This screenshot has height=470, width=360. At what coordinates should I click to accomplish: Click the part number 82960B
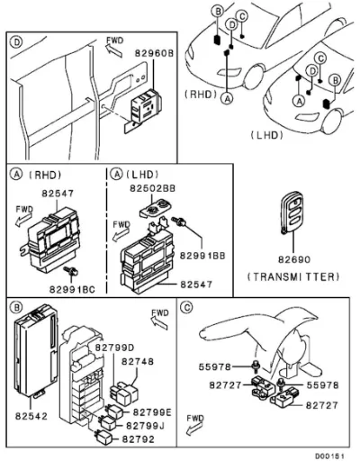154,53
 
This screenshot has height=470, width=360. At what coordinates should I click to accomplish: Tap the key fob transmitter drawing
292,212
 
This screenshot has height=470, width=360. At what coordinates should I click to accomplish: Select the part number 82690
294,259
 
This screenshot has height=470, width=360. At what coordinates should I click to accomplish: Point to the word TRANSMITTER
293,276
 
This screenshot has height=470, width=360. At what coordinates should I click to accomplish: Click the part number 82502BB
152,188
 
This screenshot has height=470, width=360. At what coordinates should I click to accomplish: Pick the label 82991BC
72,289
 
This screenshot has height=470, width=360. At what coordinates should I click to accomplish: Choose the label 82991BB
202,256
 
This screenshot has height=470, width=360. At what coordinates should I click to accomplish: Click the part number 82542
31,416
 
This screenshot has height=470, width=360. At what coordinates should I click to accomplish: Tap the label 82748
138,362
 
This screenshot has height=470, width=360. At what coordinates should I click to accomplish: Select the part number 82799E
152,412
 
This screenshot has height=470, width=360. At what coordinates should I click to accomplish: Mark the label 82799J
145,426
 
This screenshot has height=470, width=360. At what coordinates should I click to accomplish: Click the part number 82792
139,439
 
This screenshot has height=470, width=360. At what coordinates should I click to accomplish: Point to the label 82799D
114,348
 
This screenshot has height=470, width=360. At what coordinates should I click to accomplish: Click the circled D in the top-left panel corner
16,42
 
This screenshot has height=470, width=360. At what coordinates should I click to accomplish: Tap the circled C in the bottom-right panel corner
186,307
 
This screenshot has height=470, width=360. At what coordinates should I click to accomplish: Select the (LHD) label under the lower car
267,135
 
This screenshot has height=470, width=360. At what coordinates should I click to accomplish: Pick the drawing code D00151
329,456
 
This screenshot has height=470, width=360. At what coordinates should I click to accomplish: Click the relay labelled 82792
103,437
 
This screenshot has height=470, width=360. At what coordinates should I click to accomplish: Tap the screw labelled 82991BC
71,271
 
